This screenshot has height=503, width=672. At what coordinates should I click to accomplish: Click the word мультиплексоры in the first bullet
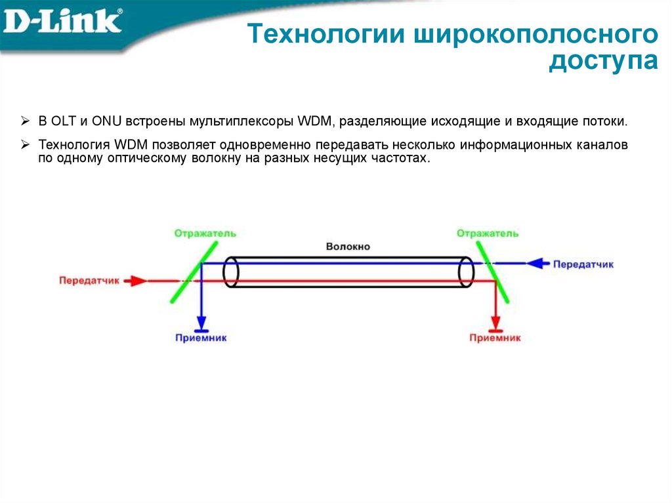coord(241,122)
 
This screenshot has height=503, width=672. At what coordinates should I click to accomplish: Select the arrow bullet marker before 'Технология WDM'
coord(25,144)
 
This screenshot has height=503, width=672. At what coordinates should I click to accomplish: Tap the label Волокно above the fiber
coord(348,247)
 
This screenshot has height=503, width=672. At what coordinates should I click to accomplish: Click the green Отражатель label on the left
coord(205,233)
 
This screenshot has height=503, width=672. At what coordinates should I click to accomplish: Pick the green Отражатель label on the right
coord(488,233)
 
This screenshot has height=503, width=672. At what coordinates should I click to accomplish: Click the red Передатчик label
coord(89,280)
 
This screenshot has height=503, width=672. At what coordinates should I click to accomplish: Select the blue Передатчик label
coord(583,264)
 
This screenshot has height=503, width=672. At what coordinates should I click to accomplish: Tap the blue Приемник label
coord(201,338)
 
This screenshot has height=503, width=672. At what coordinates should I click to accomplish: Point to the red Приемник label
coord(495,338)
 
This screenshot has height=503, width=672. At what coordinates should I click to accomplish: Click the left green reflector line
coord(194,270)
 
